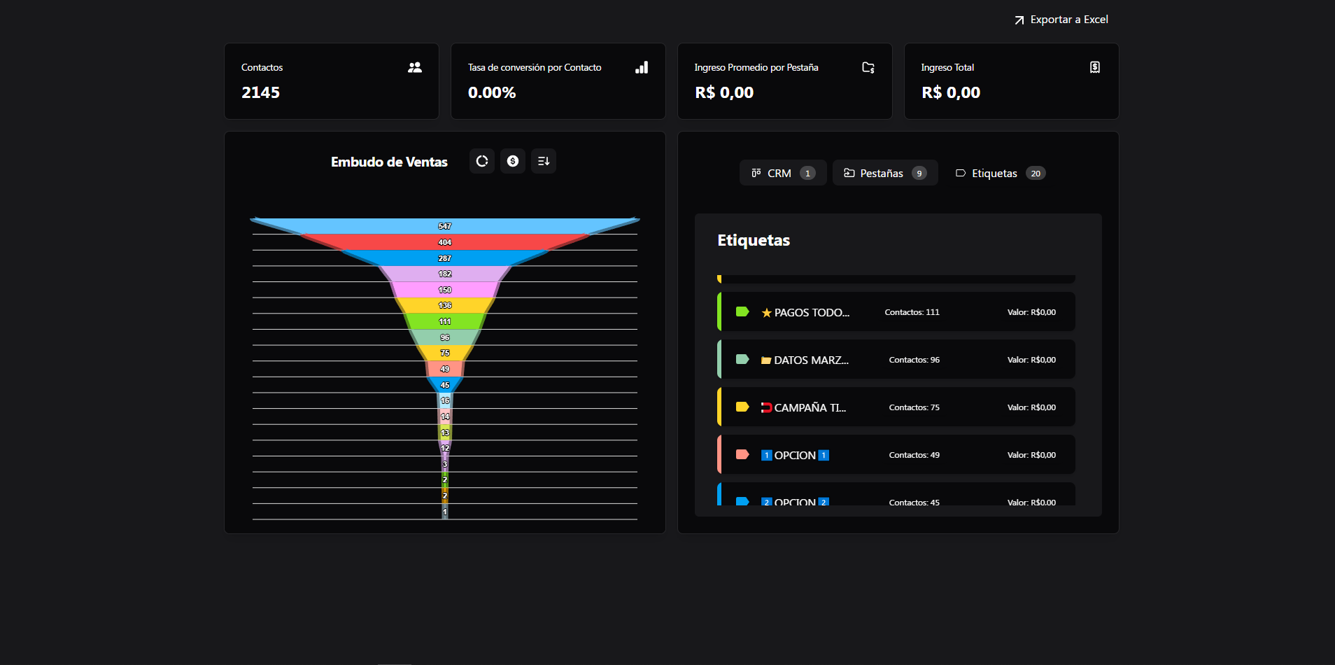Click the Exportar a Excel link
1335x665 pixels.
click(1061, 20)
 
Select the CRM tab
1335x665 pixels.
click(782, 173)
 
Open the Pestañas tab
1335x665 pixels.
click(884, 173)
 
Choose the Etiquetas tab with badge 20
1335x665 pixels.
click(1000, 173)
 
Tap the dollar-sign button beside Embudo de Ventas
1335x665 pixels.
click(513, 161)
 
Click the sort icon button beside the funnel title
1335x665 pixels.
click(544, 161)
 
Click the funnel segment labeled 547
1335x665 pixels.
click(445, 226)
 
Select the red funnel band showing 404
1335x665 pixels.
click(445, 242)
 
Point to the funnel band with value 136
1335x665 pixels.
click(445, 305)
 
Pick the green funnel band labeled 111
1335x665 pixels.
click(445, 321)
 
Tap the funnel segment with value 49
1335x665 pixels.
click(445, 369)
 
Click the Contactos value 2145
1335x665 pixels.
click(260, 92)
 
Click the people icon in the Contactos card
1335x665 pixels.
click(415, 67)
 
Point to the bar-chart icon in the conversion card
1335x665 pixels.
click(642, 67)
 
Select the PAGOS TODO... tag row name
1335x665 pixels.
click(811, 312)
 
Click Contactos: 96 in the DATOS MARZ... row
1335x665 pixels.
click(914, 360)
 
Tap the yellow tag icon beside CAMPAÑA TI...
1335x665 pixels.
click(742, 407)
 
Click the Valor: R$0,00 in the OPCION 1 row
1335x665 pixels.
click(1031, 455)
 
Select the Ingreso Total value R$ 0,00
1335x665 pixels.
click(950, 92)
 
